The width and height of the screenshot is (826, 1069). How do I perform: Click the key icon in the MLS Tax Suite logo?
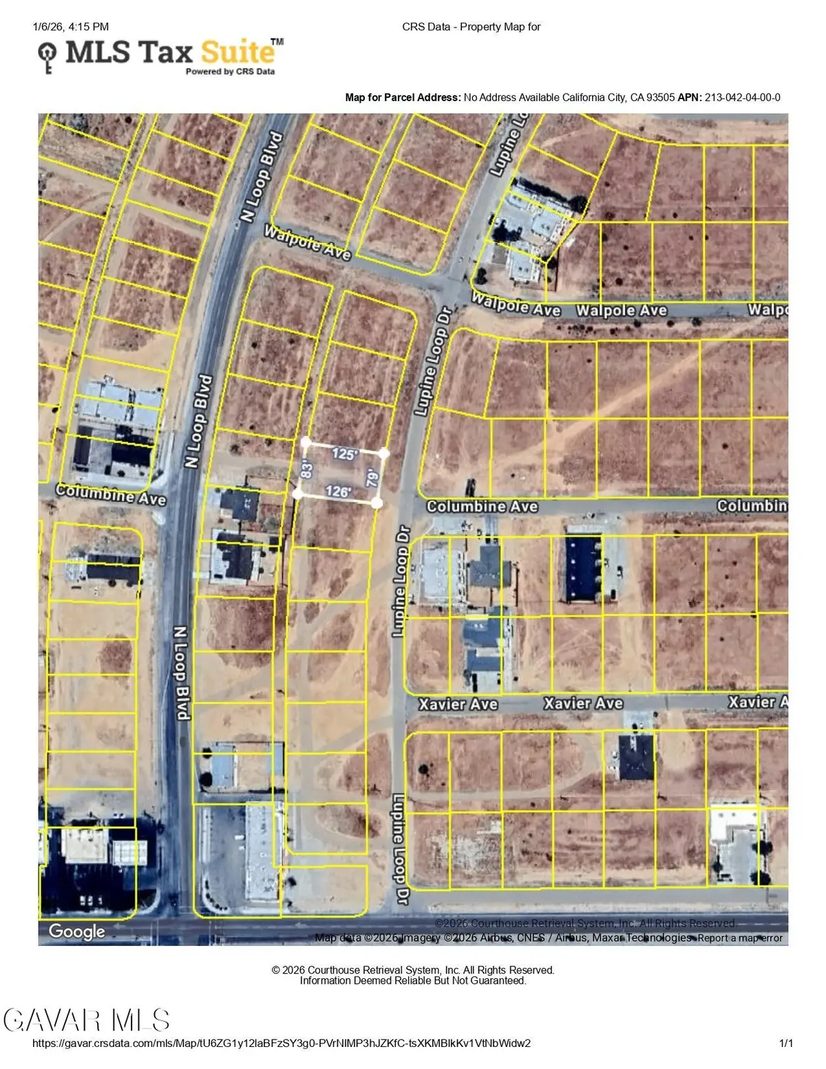(47, 56)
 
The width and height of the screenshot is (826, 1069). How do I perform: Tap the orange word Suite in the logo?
(237, 53)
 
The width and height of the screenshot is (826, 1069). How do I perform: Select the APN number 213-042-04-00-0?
(742, 98)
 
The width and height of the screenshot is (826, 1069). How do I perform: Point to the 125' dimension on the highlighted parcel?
(345, 454)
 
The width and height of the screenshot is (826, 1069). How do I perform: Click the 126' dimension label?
(338, 491)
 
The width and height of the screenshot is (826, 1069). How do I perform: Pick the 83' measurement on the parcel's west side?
(307, 469)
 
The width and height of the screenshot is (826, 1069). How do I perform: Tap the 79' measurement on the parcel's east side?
(372, 477)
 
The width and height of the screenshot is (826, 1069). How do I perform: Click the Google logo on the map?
(77, 931)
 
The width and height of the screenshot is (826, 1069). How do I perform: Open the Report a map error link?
(740, 938)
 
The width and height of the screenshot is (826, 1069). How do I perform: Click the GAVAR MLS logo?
(87, 1019)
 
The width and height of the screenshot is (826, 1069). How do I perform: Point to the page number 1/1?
(786, 1044)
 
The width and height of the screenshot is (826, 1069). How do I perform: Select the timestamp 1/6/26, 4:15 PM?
(70, 27)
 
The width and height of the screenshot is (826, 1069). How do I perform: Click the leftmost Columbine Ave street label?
(111, 494)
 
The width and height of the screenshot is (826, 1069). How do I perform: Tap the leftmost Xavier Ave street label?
(458, 704)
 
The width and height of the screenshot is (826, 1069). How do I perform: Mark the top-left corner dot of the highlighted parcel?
(306, 441)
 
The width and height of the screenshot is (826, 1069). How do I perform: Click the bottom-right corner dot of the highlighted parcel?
(377, 504)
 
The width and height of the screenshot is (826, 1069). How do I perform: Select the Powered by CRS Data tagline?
(230, 72)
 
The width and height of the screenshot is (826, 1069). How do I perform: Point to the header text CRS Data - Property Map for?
(472, 27)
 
